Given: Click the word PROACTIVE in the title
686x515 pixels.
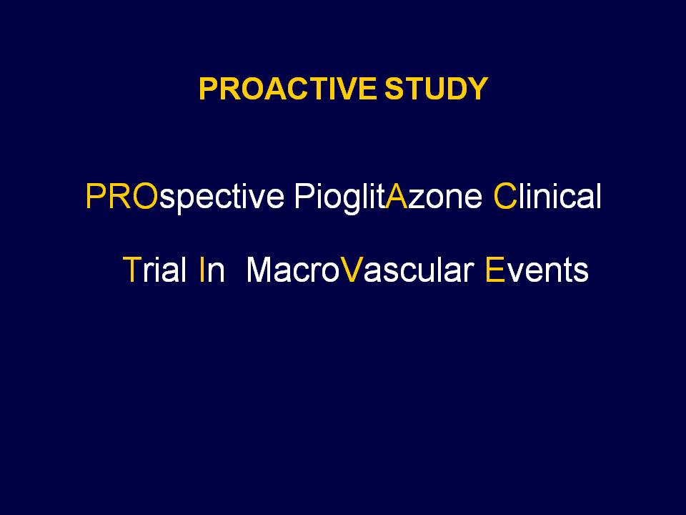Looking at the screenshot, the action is coord(287,89).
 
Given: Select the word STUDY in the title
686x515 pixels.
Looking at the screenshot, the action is coord(436,89).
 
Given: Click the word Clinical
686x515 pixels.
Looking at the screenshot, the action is coord(547,196).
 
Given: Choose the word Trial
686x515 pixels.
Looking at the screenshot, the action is coord(155,270).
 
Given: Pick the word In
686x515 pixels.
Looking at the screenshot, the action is coord(212,270).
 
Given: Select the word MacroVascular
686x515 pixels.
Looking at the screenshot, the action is coord(360,270).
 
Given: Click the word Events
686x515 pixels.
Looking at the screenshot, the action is coord(537,270).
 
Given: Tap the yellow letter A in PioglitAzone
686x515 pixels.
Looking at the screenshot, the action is coord(397,196).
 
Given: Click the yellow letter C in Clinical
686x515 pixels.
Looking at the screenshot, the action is coord(505,196).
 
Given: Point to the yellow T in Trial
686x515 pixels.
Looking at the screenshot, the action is coord(131,270).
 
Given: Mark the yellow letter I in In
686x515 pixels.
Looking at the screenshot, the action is coord(202,270).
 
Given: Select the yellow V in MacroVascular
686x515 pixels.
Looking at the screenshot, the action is coord(352,270).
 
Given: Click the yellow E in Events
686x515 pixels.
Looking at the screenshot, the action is coord(495,270).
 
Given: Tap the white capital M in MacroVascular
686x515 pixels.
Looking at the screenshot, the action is coord(261,270).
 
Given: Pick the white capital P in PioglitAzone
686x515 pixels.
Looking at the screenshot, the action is coord(304,196).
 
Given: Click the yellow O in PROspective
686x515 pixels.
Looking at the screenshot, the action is coord(145,196).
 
